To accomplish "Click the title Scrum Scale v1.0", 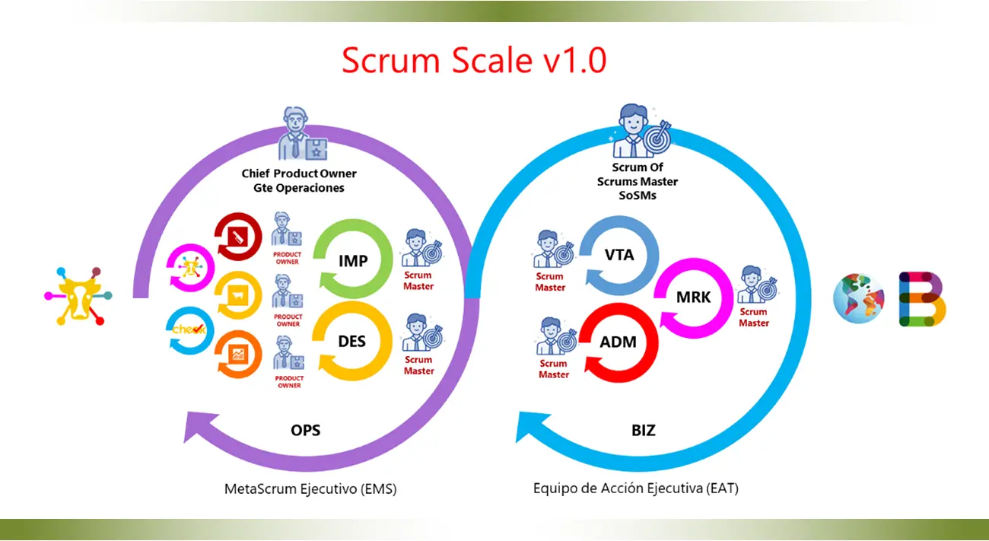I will coord(473,60).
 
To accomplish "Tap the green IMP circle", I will coord(352,260).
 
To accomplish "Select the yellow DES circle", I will coord(351,341).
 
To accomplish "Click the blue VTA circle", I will coord(619,256).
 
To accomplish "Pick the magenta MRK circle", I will coord(693,297).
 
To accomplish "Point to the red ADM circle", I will coord(618,342).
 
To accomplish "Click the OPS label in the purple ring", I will coord(305,430).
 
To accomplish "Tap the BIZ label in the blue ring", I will coord(643,430).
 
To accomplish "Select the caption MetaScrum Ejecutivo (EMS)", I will coord(310,488).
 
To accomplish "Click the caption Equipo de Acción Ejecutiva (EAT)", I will coord(636,488).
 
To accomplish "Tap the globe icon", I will coord(859,298).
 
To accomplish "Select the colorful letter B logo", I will coord(921,298).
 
